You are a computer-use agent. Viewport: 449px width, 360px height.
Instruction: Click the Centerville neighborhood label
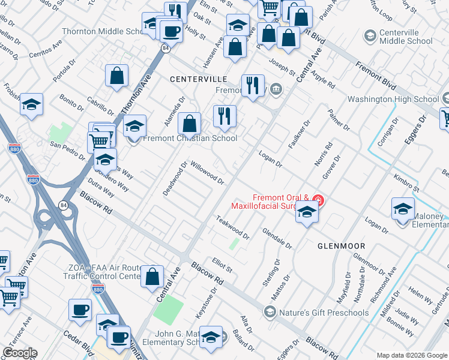pyautogui.click(x=198, y=79)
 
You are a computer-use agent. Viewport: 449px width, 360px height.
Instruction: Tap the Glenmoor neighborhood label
pyautogui.click(x=336, y=245)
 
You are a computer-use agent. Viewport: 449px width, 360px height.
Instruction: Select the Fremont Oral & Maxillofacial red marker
pyautogui.click(x=318, y=200)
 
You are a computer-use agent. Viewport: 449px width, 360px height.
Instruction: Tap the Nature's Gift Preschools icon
pyautogui.click(x=270, y=312)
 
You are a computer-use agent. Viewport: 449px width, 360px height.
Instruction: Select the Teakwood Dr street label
pyautogui.click(x=232, y=226)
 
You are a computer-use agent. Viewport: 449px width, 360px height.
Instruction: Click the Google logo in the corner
pyautogui.click(x=20, y=353)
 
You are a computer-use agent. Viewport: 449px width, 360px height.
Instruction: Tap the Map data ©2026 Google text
pyautogui.click(x=411, y=355)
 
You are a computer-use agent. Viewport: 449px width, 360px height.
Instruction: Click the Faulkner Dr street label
pyautogui.click(x=298, y=135)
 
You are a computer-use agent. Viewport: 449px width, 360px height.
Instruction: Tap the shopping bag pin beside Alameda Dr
pyautogui.click(x=189, y=125)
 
